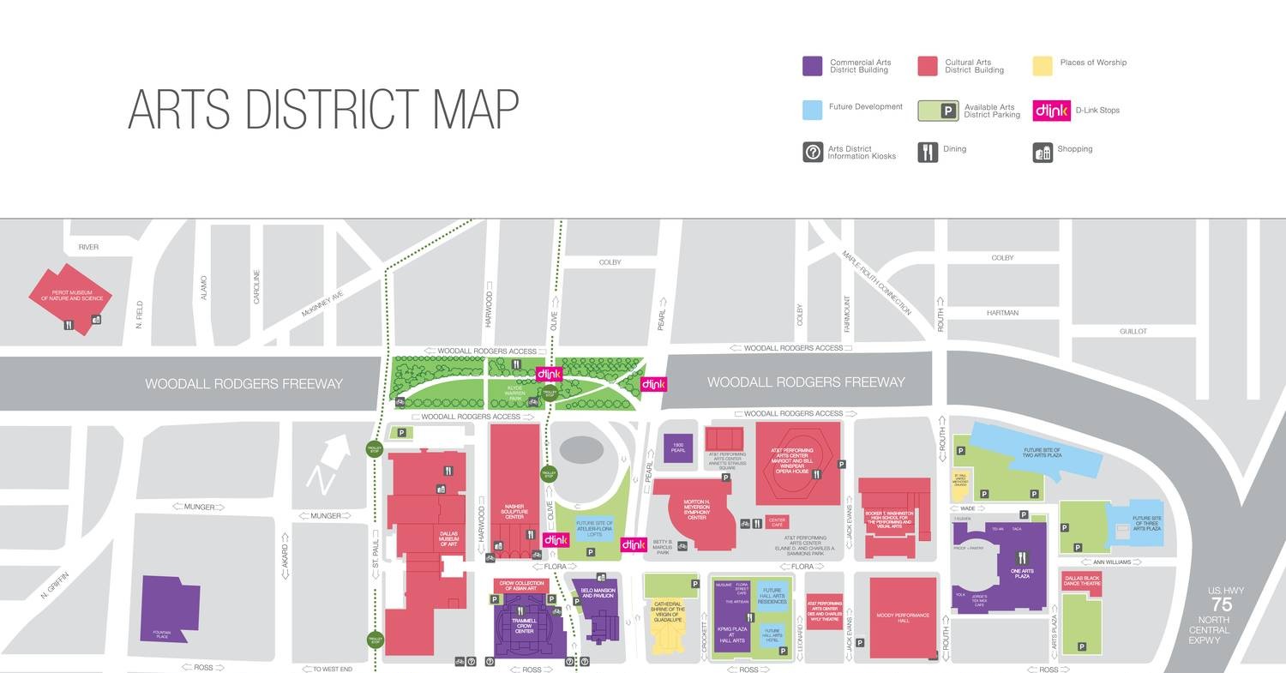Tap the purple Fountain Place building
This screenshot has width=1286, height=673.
[x=169, y=609]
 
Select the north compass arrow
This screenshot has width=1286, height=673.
[x=328, y=464]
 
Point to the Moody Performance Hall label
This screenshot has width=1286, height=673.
[x=903, y=616]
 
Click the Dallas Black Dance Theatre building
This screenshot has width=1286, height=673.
[x=1081, y=580]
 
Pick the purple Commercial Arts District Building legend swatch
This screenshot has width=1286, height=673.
[x=812, y=66]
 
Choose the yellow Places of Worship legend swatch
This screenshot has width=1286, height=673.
[x=1042, y=66]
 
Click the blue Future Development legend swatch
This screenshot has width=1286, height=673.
[x=813, y=110]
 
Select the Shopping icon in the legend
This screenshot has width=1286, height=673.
[x=1043, y=152]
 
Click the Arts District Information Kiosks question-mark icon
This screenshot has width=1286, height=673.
[x=813, y=152]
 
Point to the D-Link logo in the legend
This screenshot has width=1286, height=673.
[x=1050, y=111]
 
